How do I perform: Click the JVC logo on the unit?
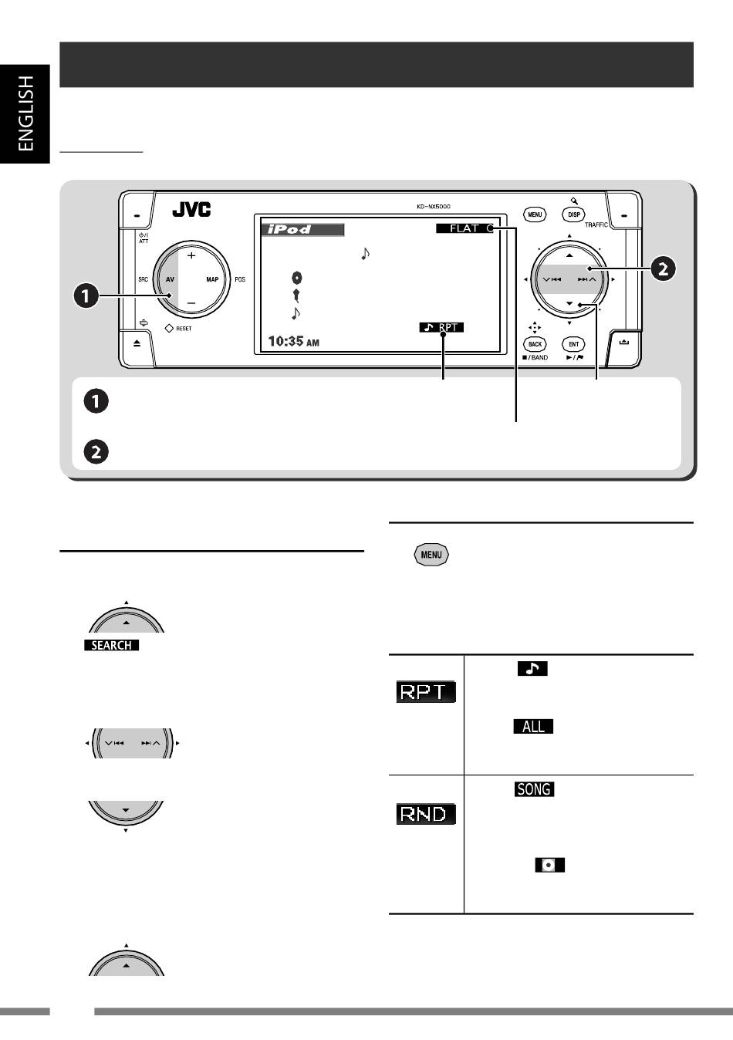click(x=191, y=209)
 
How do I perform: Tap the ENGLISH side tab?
click(x=25, y=113)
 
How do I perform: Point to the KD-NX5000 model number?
click(x=433, y=207)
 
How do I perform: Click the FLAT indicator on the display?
click(x=464, y=228)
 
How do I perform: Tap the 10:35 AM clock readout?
click(x=293, y=342)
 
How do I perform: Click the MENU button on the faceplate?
click(x=535, y=214)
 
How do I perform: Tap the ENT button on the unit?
click(x=574, y=344)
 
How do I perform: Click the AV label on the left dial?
click(x=170, y=279)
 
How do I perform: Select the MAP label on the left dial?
click(x=212, y=279)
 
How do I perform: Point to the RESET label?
click(x=184, y=329)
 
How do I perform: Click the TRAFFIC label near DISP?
click(x=596, y=225)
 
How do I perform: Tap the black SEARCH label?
click(x=111, y=645)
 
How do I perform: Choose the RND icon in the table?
click(x=426, y=814)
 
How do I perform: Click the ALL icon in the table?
click(x=533, y=726)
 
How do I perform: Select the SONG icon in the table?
click(x=534, y=789)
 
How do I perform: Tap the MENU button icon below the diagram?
click(x=431, y=555)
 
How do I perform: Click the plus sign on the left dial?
click(x=191, y=256)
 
